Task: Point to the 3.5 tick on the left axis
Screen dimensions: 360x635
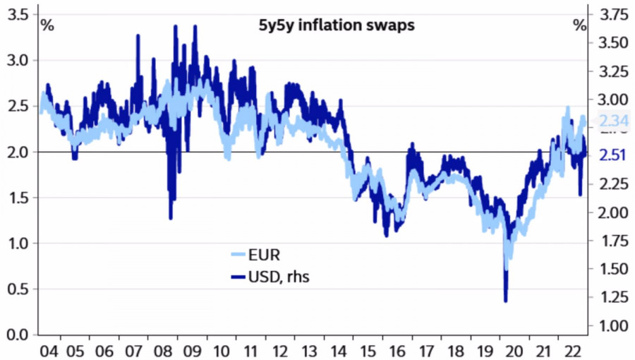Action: (16, 15)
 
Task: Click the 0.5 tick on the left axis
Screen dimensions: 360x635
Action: (16, 289)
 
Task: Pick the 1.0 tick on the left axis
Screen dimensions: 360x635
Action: (16, 244)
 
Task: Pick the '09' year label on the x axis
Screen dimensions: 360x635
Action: (194, 349)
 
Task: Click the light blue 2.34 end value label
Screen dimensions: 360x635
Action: (612, 121)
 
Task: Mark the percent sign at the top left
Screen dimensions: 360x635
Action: (47, 26)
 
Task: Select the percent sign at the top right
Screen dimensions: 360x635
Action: (579, 26)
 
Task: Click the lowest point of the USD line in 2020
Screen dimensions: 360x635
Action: (505, 301)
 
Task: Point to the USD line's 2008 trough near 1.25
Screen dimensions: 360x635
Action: (171, 218)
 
